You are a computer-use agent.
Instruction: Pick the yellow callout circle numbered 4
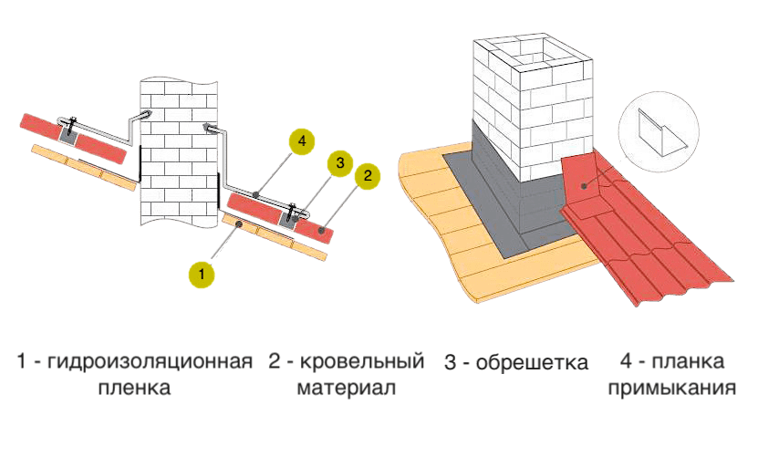pyautogui.click(x=301, y=141)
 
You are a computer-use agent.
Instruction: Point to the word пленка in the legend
pyautogui.click(x=134, y=389)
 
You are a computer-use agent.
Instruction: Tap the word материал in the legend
pyautogui.click(x=346, y=389)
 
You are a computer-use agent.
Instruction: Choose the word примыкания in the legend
pyautogui.click(x=672, y=389)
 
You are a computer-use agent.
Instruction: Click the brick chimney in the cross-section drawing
pyautogui.click(x=179, y=155)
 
